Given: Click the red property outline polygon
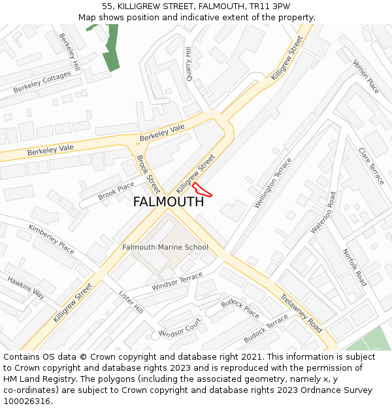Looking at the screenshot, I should coord(202,190).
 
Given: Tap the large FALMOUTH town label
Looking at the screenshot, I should coord(168,202).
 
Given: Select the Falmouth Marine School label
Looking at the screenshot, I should coord(165,247).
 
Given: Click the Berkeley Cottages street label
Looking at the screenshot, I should coord(42,82).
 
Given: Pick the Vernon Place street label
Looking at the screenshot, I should coord(366,76).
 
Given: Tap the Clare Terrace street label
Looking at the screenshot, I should coord(372,166).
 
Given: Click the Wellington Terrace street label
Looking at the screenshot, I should coord(273,183).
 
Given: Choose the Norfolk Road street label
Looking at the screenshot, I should coord(355,267).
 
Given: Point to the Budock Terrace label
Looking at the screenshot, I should coord(265,329).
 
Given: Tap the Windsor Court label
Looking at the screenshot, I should coord(180,328).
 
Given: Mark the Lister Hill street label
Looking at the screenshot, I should coord(131,302).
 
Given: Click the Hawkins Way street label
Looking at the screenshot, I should coord(26,287).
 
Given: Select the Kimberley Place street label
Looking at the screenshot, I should coord(52,238).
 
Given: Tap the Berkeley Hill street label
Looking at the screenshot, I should coord(69,52).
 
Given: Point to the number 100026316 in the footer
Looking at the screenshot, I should coord(27,401).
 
